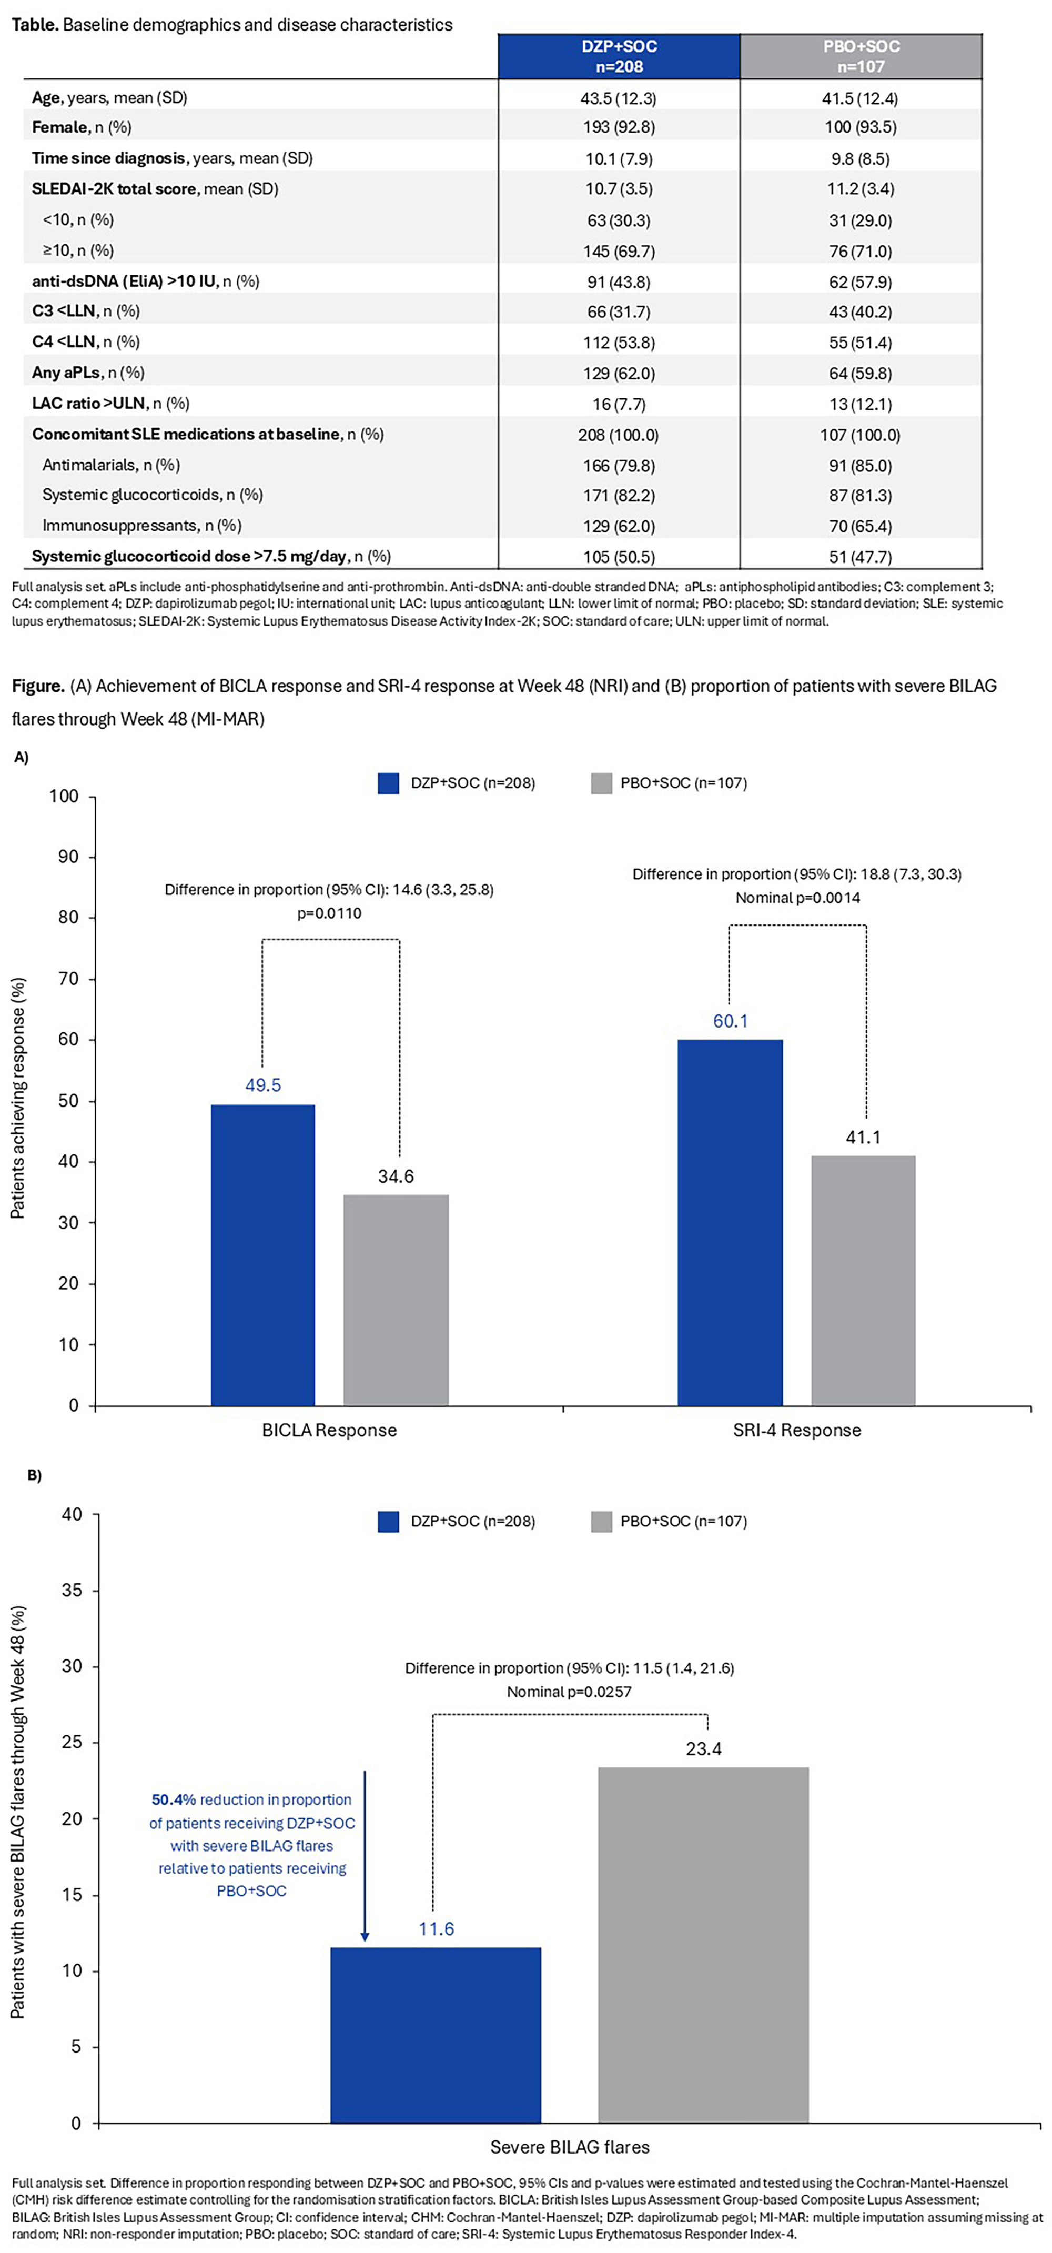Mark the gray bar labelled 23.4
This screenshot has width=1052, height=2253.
703,1944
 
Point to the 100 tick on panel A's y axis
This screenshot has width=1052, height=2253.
64,796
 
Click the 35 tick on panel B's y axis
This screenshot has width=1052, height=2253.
72,1590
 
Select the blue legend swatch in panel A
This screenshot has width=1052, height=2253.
388,783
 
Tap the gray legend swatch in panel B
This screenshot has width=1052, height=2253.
602,1521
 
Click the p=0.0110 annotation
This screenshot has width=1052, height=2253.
329,913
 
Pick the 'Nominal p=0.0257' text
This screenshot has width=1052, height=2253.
569,1692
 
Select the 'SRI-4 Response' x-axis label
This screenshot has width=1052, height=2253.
797,1430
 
